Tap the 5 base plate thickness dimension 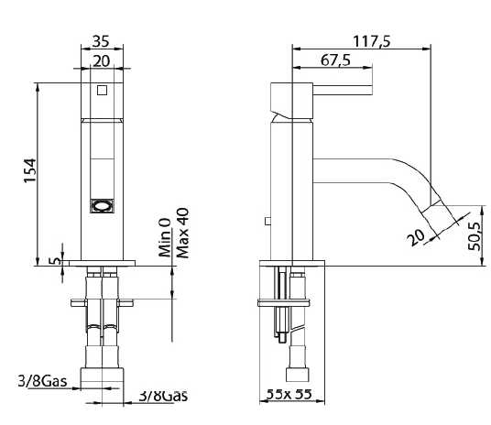click(54, 261)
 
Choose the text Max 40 click(181, 233)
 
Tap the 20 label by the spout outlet click(418, 237)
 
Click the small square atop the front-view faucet click(102, 90)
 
